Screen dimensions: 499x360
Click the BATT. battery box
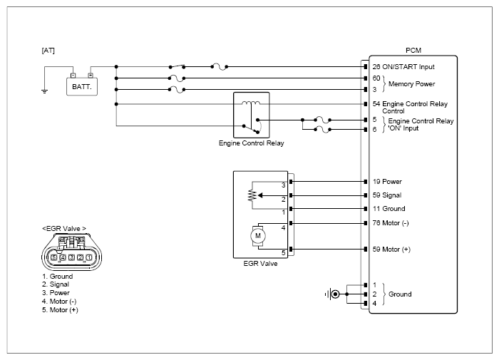82,86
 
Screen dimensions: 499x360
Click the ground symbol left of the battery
44,91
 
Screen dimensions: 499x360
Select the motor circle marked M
258,236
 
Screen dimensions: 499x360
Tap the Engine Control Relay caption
251,143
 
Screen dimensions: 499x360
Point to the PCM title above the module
413,51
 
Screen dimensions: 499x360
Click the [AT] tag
48,51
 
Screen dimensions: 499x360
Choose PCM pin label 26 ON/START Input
403,67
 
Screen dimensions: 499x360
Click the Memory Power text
411,84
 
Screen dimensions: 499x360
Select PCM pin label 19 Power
387,182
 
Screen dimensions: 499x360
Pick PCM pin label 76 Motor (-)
391,223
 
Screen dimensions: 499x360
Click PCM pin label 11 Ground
389,209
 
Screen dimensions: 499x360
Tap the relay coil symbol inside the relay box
251,103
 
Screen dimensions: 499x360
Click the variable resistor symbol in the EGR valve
252,195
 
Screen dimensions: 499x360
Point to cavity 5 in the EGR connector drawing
53,257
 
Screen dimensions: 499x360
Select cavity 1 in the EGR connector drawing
89,257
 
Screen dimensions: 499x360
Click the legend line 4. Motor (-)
59,302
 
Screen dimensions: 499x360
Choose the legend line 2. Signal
56,284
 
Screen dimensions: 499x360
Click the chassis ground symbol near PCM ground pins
332,294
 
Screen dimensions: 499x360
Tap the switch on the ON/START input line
177,66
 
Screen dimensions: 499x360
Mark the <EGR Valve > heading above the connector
64,229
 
